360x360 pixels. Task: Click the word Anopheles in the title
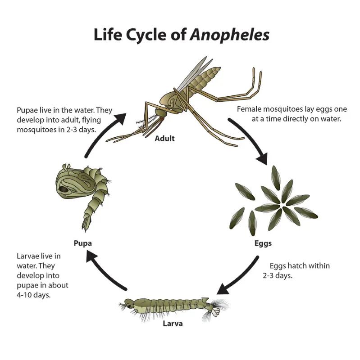230,35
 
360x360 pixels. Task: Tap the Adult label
164,139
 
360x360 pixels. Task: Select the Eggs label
263,243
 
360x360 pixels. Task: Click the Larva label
173,324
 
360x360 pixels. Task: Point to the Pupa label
83,243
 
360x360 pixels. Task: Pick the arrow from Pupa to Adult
101,133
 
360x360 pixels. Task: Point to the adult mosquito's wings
194,73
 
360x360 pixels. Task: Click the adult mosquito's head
161,113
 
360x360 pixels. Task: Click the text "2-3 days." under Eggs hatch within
278,275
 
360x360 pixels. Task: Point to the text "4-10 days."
33,295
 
